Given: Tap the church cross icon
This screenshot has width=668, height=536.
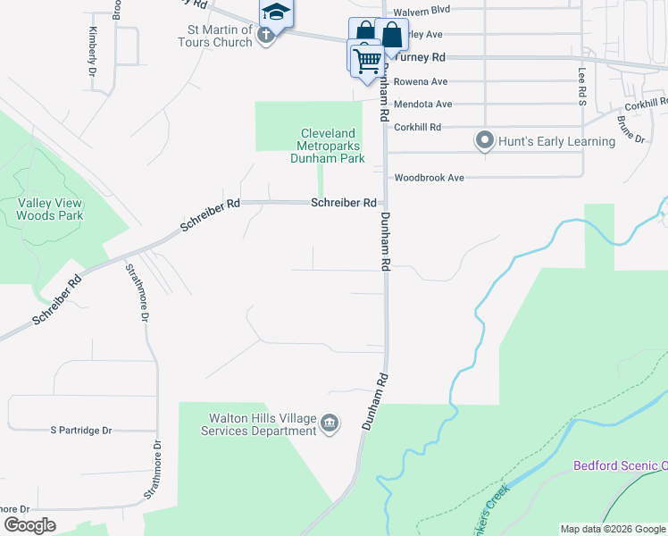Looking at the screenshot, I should [x=264, y=36].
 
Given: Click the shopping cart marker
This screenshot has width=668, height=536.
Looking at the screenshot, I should [x=366, y=60].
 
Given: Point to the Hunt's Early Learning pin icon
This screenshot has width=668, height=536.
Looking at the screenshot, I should [x=485, y=141].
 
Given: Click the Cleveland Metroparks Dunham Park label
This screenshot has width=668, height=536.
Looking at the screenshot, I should [x=329, y=146].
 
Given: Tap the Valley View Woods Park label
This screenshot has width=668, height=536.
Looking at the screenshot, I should [x=50, y=209].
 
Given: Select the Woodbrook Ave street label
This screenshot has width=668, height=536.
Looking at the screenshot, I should [x=430, y=178].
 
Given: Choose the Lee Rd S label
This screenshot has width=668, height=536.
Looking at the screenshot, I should [x=581, y=88].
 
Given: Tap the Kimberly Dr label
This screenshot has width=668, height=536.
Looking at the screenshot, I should [x=92, y=50].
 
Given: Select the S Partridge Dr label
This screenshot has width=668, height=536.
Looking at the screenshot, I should [x=81, y=431].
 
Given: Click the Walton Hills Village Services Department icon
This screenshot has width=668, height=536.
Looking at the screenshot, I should [x=330, y=422].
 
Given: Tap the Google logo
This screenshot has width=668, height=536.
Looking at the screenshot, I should [x=29, y=525].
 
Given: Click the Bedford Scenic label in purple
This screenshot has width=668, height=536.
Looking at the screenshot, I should [x=620, y=465].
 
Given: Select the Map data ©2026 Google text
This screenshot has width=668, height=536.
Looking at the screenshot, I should [x=613, y=529].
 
